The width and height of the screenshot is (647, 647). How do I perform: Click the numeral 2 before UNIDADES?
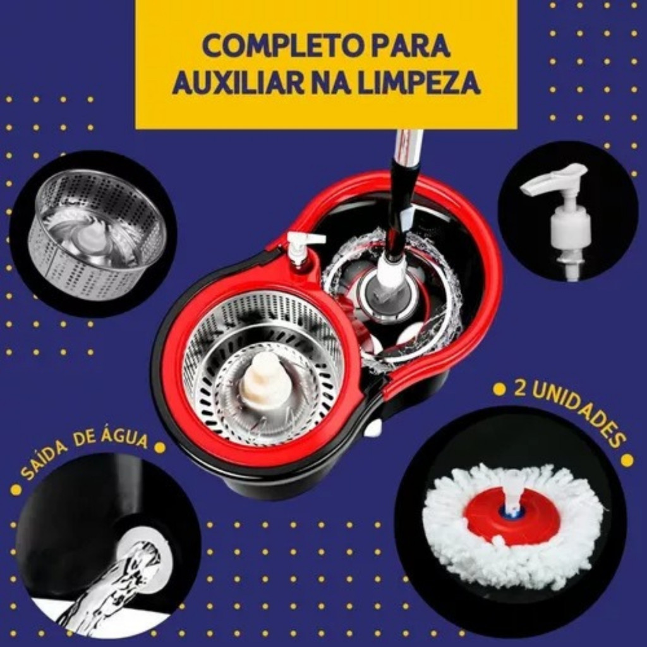pos(520,389)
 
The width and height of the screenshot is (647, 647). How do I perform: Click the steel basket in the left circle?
pos(96,233)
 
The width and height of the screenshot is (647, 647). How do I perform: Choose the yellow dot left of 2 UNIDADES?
pos(500,389)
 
